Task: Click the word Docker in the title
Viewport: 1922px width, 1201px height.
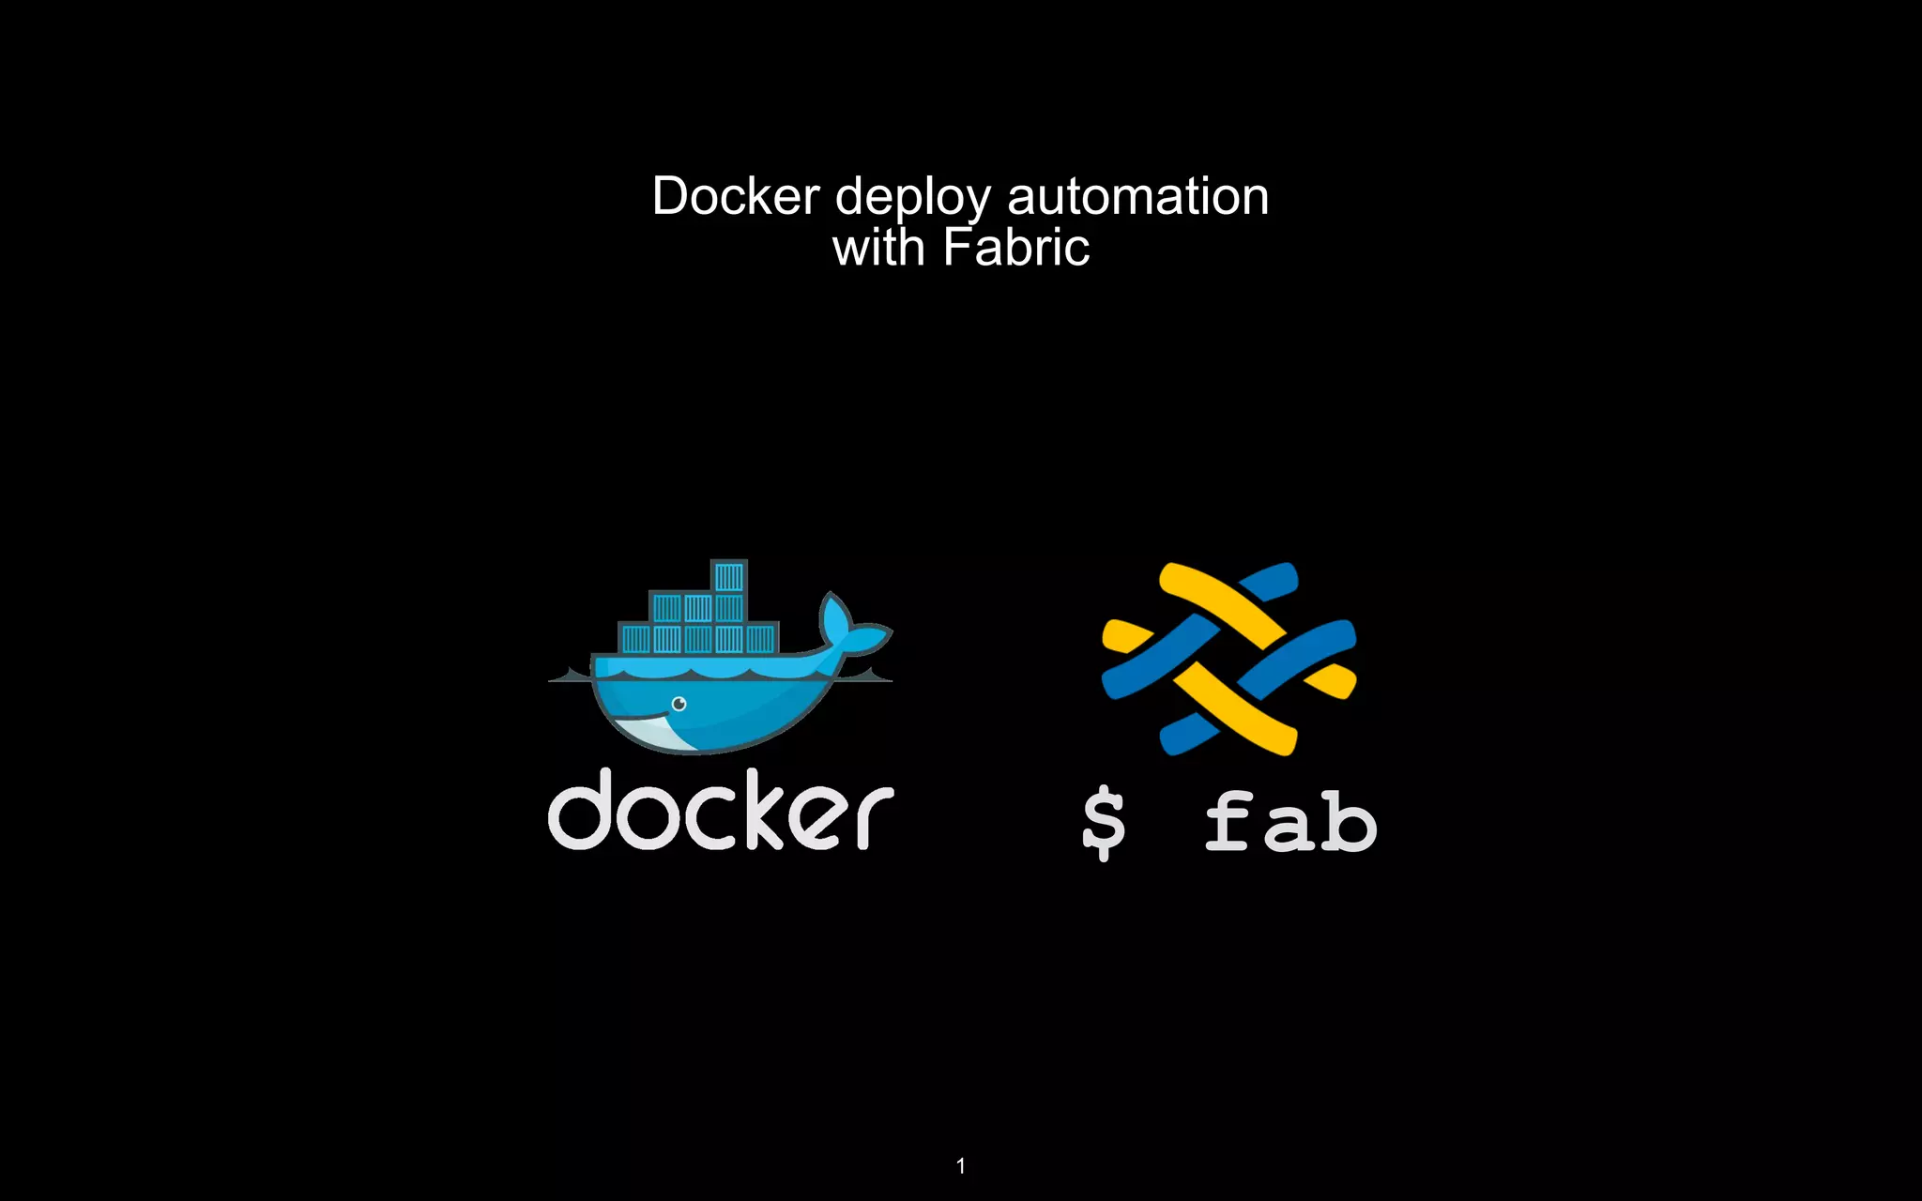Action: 736,197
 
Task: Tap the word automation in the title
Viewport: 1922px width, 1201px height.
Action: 1137,197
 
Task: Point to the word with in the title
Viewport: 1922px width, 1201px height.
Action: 878,249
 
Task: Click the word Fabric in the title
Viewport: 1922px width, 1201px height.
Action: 1015,249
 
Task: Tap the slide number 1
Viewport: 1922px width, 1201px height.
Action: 960,1166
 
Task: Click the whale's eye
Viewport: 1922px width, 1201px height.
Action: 679,704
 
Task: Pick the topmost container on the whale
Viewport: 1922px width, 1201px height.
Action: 728,576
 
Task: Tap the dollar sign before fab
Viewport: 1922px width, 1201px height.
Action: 1103,822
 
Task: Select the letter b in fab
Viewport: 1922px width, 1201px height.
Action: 1348,822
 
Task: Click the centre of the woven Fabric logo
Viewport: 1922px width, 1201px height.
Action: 1228,659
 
